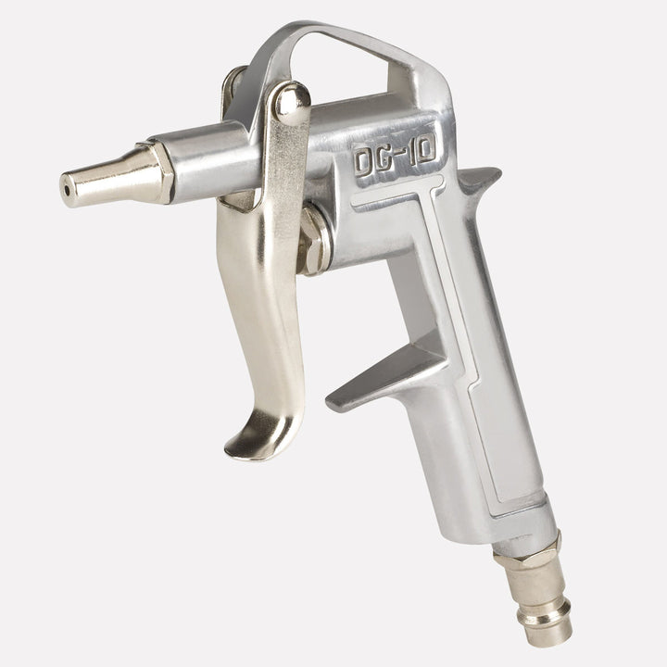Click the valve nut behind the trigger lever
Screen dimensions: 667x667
(315, 241)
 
